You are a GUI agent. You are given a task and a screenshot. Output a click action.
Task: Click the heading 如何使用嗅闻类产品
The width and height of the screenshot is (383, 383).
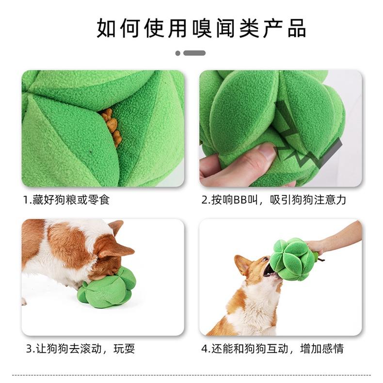[x=201, y=28]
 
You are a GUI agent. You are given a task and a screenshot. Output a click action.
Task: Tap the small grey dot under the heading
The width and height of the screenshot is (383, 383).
[x=178, y=53]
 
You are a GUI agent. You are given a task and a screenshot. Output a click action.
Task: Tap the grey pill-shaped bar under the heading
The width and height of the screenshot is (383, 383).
[x=194, y=53]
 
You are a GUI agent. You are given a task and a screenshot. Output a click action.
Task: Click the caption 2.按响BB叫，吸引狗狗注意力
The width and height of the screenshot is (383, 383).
[x=273, y=200]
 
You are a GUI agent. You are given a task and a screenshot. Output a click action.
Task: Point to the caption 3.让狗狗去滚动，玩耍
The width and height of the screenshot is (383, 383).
[x=80, y=349]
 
